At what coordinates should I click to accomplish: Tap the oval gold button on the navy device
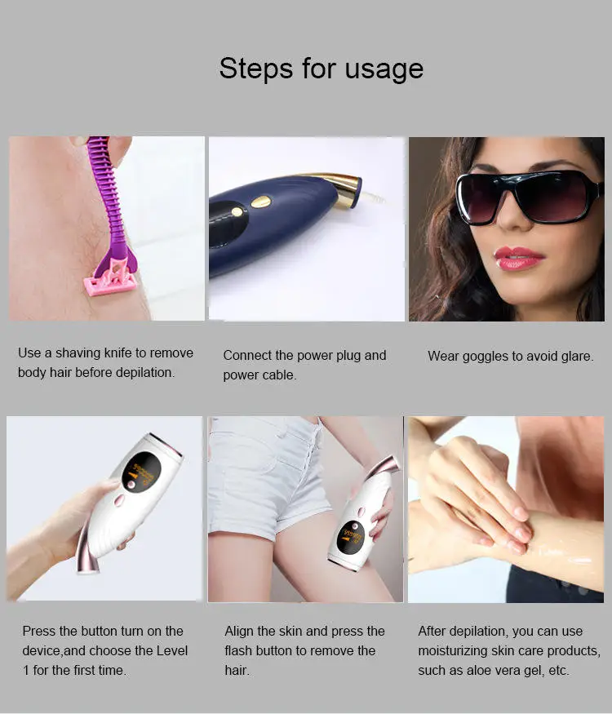tap(261, 201)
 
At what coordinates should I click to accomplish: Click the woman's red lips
tap(518, 258)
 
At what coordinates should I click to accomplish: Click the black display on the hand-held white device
tap(140, 472)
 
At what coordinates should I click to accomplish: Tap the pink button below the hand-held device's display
tap(119, 499)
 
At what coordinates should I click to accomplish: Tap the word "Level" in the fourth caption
tap(170, 650)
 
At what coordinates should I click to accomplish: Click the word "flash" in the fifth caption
tap(242, 650)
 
